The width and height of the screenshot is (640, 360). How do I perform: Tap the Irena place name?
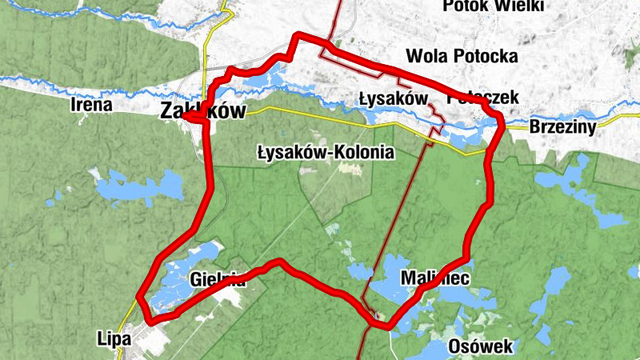90,105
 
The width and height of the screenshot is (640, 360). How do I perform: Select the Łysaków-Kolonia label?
326,151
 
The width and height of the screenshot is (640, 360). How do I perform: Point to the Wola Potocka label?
462,56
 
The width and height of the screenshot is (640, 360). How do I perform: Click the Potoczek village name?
483,98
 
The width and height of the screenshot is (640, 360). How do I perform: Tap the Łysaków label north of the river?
390,98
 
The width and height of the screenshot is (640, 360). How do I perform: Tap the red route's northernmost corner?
298,35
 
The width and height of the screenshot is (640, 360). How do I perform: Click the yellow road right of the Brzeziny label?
616,120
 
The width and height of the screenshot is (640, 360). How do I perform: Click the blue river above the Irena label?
88,80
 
